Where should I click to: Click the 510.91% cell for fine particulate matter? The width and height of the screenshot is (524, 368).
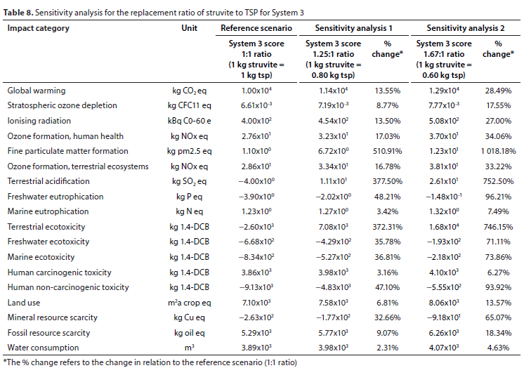387,151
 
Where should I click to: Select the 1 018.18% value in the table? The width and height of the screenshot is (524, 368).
498,151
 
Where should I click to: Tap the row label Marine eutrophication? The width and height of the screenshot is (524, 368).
48,211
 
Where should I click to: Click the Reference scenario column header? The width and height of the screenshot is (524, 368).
256,28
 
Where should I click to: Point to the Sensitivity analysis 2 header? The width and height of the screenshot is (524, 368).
466,28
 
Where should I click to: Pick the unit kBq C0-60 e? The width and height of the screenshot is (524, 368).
189,121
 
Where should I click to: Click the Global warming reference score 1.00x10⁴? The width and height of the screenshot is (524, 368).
256,91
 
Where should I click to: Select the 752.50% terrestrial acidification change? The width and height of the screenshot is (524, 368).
498,181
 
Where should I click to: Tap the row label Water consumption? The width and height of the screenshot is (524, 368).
43,348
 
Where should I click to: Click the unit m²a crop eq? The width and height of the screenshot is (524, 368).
189,303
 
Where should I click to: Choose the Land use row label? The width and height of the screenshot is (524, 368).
24,303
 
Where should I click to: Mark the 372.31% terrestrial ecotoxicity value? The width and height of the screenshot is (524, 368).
387,227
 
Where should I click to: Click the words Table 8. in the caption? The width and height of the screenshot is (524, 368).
18,13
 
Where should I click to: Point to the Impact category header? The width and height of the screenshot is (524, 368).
39,28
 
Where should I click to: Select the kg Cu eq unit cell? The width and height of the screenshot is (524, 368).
189,317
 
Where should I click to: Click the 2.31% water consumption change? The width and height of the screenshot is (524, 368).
387,348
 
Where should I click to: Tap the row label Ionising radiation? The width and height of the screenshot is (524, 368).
39,121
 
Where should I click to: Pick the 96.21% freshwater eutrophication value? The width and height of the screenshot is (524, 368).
498,197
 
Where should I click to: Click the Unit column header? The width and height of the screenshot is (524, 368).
189,28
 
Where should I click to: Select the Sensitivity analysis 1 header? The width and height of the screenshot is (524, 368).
353,28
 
